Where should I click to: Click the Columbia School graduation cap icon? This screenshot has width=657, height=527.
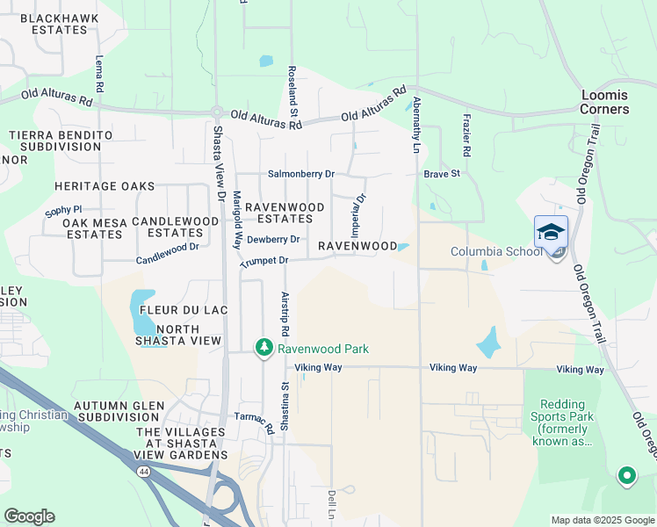tap(551, 232)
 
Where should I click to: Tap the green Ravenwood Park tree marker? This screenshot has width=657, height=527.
tap(264, 349)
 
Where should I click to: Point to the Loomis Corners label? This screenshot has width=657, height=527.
tap(604, 102)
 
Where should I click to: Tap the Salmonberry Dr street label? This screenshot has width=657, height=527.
tap(300, 174)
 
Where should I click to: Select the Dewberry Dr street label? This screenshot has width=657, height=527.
tap(273, 239)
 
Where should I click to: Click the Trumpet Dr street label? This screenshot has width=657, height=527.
tap(264, 261)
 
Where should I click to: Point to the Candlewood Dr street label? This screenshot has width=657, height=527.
tap(167, 260)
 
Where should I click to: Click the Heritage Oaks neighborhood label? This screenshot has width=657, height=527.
tap(104, 186)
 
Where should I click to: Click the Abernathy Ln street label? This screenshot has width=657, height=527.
tap(415, 119)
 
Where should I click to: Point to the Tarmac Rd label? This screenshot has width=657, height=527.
tap(255, 419)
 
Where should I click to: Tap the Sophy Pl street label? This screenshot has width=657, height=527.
tap(63, 212)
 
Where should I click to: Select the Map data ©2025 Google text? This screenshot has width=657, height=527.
tap(602, 520)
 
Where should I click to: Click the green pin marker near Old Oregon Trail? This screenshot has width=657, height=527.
tap(626, 476)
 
